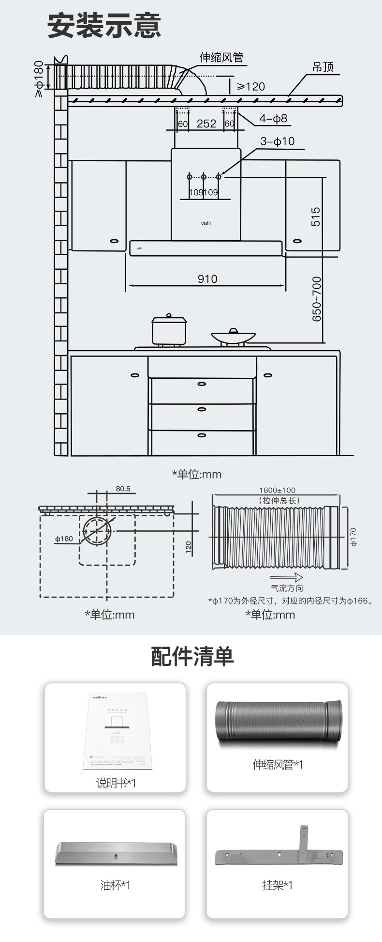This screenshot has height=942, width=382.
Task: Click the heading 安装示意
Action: [104, 26]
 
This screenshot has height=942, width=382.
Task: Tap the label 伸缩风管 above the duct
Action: [221, 58]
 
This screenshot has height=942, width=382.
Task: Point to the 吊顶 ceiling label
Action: [323, 67]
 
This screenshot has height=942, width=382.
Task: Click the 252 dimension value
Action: [206, 124]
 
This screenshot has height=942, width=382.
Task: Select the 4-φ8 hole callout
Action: [273, 118]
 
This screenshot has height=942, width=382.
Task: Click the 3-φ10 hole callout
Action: [277, 141]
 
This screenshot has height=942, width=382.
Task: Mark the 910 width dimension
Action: [207, 279]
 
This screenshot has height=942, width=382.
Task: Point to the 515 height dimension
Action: [316, 217]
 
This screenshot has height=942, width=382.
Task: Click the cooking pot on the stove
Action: [169, 330]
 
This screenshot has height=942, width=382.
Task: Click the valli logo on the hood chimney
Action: [206, 223]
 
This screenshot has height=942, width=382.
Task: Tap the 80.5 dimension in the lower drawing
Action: [123, 489]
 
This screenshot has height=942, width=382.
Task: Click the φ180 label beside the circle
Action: [64, 539]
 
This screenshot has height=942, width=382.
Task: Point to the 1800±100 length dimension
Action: [277, 490]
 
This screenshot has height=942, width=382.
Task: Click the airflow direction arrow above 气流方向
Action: [286, 577]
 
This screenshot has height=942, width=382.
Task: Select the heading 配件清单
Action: [192, 657]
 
